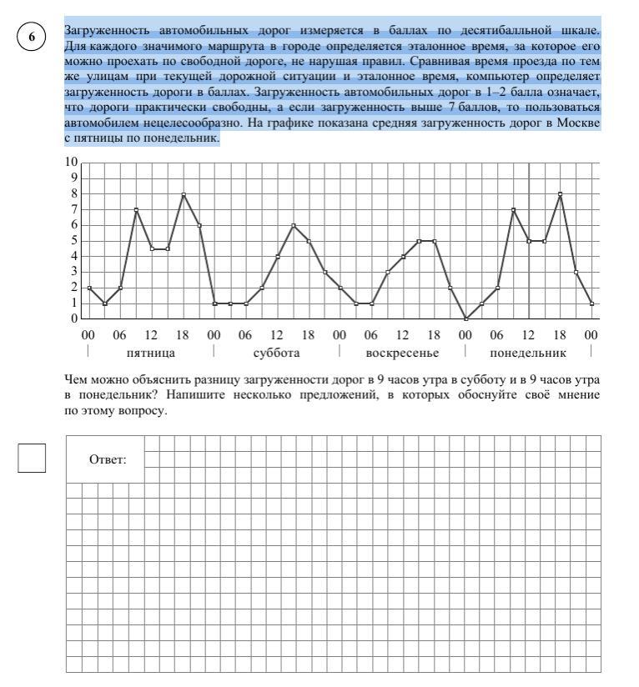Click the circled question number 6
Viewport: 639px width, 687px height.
31,38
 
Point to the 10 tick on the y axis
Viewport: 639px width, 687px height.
72,162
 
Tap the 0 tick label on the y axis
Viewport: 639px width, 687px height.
74,318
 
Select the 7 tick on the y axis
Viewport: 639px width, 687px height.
74,209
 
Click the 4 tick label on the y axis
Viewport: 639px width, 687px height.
74,256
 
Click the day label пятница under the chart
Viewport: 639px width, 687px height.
150,353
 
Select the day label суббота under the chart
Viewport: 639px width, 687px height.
276,353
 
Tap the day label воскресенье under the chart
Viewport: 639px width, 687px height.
402,353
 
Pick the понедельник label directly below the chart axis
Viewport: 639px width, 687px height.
528,353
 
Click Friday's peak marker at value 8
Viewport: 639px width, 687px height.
184,194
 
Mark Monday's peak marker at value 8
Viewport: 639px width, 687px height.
561,194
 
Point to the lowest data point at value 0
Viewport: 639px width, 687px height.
466,318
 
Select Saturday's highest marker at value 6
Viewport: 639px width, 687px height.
294,225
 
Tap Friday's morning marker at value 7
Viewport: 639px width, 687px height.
136,209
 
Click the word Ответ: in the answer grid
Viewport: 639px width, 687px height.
106,459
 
